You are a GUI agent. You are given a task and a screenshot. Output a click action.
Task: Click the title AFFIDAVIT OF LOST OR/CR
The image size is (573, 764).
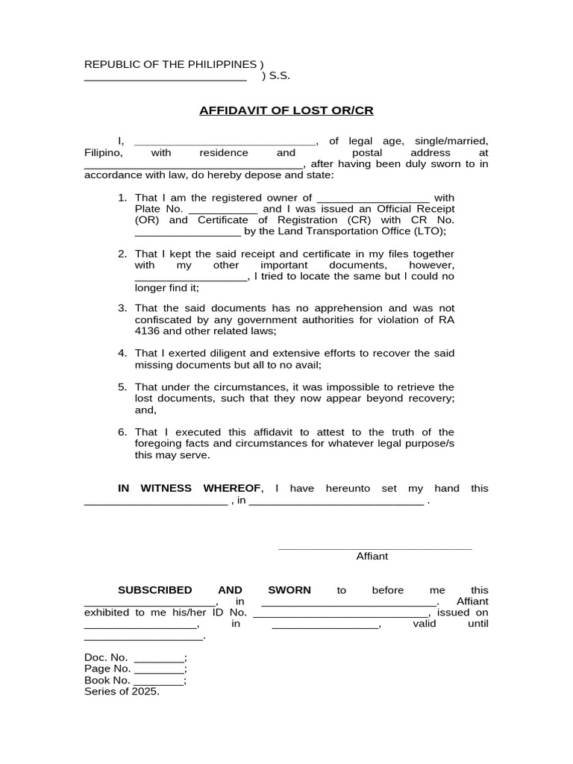(286, 110)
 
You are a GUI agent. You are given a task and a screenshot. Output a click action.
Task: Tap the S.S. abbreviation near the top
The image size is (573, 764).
(280, 76)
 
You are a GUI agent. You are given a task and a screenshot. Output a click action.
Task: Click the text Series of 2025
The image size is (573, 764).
(122, 692)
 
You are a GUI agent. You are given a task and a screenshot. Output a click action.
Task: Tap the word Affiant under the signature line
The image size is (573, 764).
(372, 556)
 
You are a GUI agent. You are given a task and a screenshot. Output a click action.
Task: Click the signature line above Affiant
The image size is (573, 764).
(375, 548)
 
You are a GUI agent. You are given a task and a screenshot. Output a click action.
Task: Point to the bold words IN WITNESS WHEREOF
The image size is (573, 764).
(190, 489)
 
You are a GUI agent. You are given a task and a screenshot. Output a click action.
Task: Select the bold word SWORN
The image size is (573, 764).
(289, 590)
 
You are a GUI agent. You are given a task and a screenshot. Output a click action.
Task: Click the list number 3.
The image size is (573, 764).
(122, 308)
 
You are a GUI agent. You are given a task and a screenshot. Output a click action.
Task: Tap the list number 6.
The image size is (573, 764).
(122, 432)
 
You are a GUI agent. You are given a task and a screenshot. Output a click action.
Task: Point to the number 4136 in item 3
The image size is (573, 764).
(148, 331)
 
